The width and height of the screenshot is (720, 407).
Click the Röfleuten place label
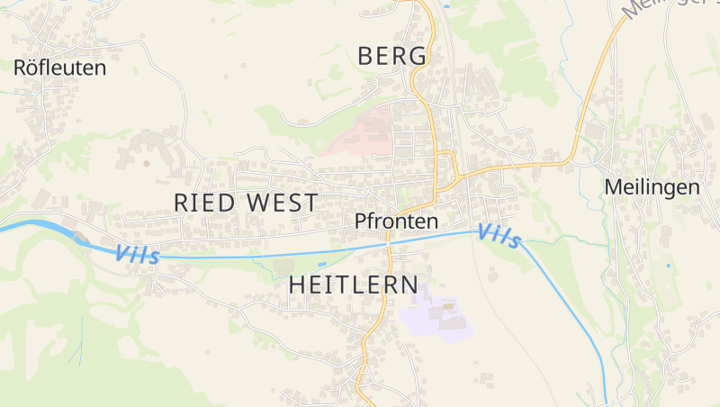(x=59, y=68)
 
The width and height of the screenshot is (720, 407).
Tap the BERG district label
(x=391, y=56)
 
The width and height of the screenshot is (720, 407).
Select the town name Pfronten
(x=396, y=221)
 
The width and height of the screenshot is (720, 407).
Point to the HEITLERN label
(x=353, y=285)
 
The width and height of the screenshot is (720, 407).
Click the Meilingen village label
(x=652, y=187)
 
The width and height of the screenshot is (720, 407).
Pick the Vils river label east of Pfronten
(x=499, y=235)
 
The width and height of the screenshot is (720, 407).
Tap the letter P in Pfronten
(x=361, y=221)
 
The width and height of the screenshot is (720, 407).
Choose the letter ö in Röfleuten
(x=30, y=68)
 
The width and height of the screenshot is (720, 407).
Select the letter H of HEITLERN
(x=297, y=285)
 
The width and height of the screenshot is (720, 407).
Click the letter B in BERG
(x=365, y=56)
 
